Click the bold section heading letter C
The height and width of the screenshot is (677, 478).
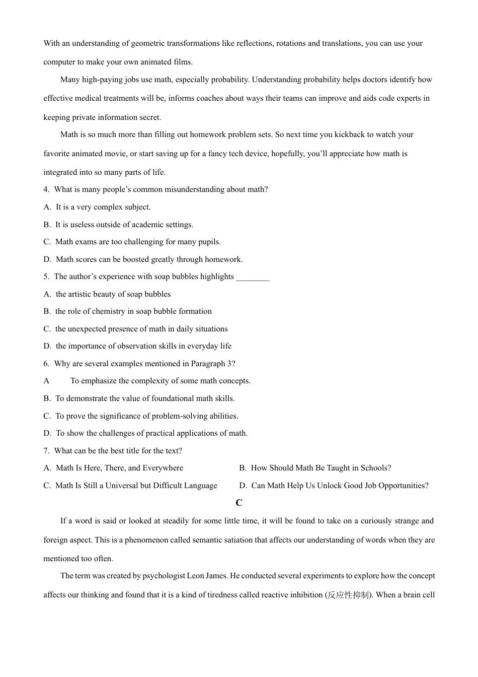(239, 503)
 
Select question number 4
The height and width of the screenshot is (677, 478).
(46, 189)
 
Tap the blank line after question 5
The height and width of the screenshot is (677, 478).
(253, 277)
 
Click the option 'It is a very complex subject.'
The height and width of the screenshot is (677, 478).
(103, 207)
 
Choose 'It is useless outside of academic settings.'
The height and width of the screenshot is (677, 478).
(124, 225)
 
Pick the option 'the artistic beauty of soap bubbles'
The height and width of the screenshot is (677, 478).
(113, 294)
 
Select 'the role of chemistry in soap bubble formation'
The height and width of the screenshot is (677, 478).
(133, 311)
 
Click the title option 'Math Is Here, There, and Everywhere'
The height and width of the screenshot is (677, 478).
(119, 468)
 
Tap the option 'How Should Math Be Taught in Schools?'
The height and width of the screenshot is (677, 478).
(321, 468)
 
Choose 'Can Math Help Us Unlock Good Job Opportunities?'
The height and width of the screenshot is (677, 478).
(340, 486)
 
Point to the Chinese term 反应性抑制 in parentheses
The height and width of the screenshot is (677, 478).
(348, 595)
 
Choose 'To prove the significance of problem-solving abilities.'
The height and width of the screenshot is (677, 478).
(147, 416)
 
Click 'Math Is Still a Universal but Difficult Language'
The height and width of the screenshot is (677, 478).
(136, 486)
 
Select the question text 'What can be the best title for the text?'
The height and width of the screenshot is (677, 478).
(118, 451)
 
